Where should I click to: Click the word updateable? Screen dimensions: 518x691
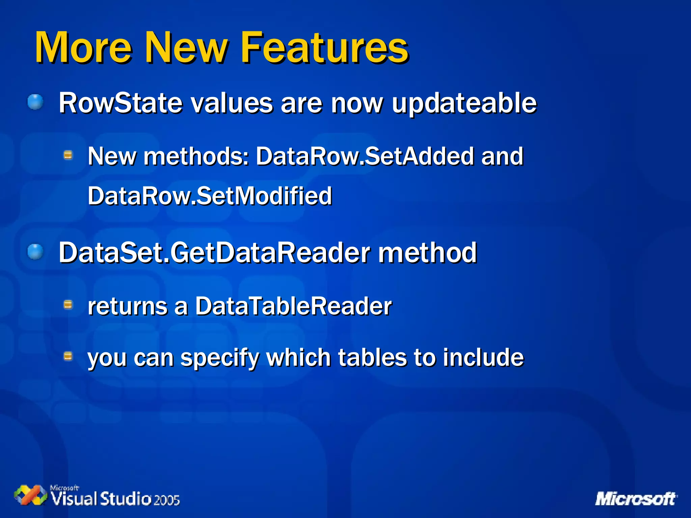pyautogui.click(x=464, y=103)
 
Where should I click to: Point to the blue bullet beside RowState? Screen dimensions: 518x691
pyautogui.click(x=35, y=102)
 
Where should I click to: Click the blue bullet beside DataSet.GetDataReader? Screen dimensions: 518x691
pyautogui.click(x=35, y=252)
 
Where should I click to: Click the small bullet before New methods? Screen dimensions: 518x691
pyautogui.click(x=68, y=155)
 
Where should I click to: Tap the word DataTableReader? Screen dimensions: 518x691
pyautogui.click(x=293, y=306)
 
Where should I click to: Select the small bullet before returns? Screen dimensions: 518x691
pyautogui.click(x=68, y=305)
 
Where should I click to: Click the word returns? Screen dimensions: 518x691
pyautogui.click(x=128, y=306)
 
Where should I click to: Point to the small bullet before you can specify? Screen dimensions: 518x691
pyautogui.click(x=68, y=356)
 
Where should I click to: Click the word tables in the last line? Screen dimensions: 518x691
pyautogui.click(x=372, y=357)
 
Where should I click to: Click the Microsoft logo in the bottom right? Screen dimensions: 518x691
pyautogui.click(x=636, y=499)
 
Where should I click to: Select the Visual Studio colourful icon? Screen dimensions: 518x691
pyautogui.click(x=30, y=495)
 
